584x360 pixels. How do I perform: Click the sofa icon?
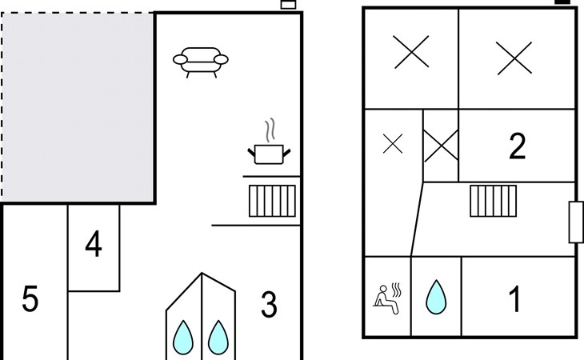point(200,60)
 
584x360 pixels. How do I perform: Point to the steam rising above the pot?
point(270,129)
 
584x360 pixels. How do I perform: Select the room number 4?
point(94,245)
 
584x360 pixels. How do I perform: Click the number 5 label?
point(30,300)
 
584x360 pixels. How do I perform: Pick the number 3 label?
point(269,304)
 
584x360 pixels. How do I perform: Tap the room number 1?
point(516,299)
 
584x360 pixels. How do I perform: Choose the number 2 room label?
point(517,146)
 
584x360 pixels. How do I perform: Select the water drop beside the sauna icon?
point(435,297)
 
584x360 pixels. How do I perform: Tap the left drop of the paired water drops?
point(183,338)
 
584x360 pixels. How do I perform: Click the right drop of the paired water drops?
point(218,338)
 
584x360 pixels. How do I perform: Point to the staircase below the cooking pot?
point(272,201)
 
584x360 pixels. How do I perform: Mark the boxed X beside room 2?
point(440,146)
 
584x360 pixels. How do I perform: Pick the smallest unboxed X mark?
point(392,144)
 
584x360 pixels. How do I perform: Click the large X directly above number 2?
point(514,58)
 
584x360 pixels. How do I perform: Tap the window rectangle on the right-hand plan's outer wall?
point(575,222)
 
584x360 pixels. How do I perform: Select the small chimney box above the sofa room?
point(288,5)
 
